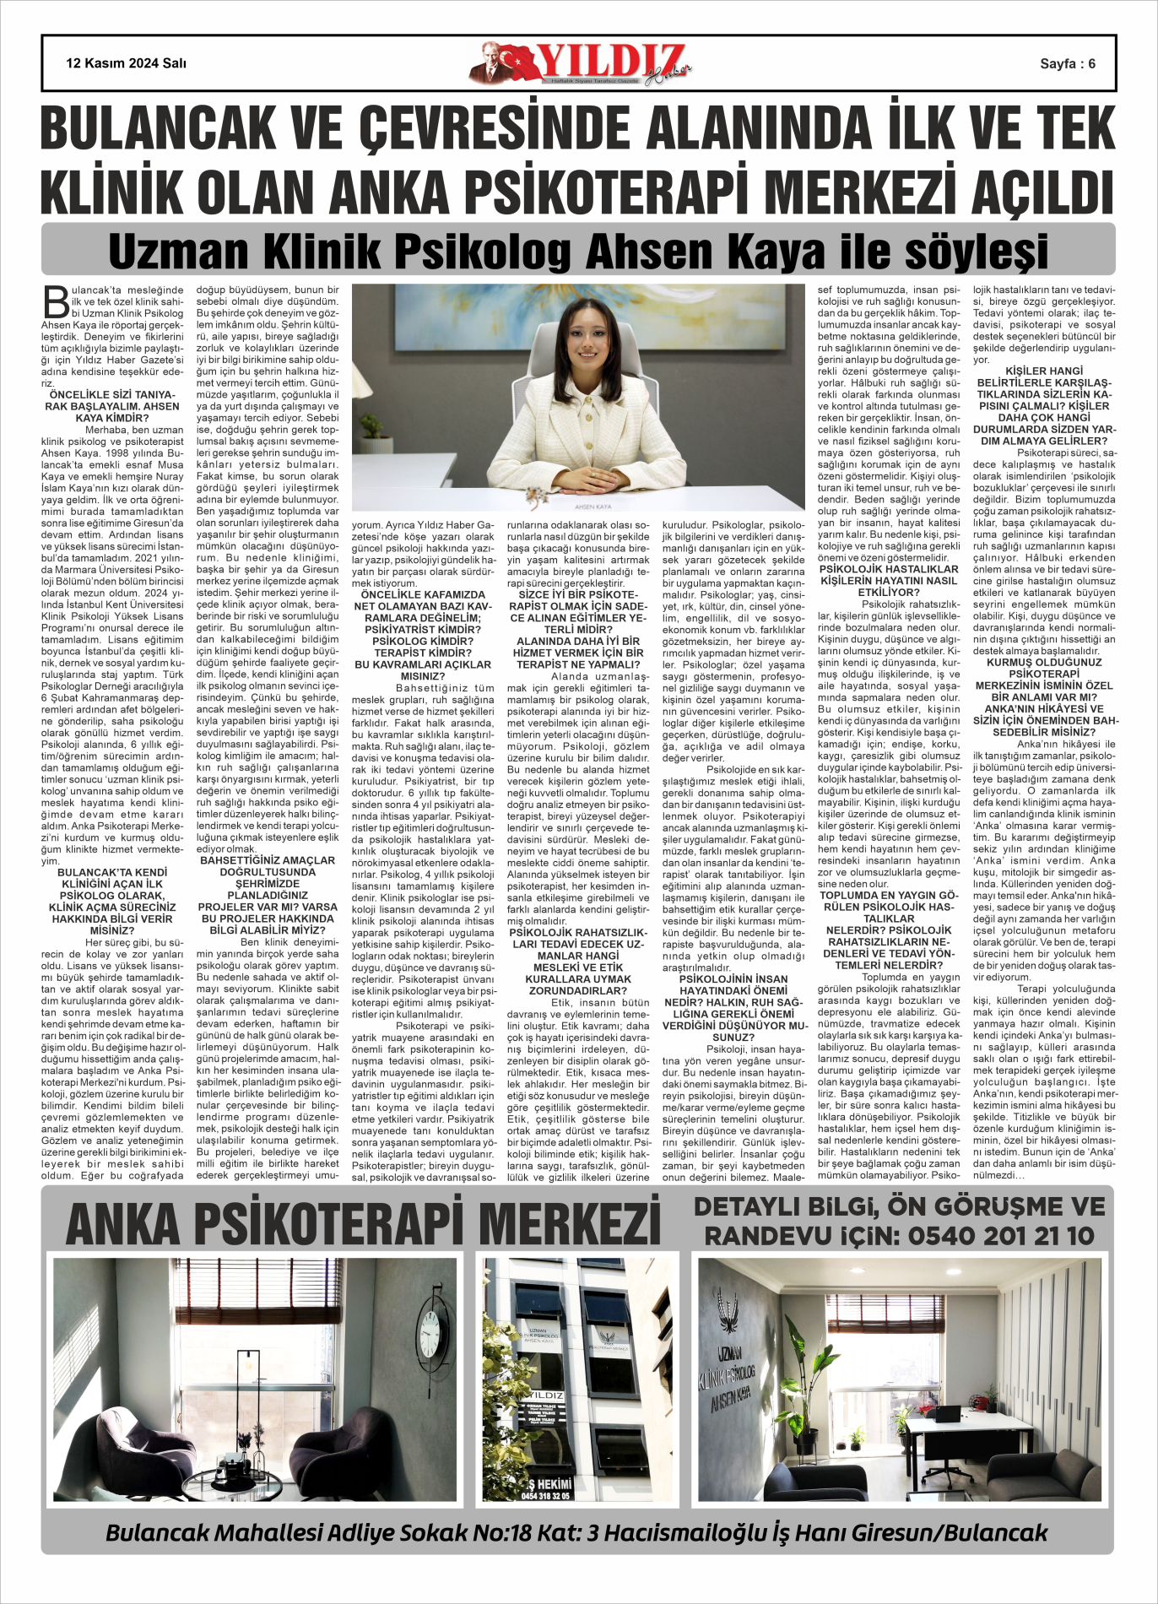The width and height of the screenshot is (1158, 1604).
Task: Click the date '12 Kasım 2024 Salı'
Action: point(126,63)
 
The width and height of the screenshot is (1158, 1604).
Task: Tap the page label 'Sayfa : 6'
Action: point(1068,63)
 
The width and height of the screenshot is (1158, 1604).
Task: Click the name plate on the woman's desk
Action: point(592,506)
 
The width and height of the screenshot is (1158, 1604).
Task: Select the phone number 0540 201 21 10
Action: point(1000,1236)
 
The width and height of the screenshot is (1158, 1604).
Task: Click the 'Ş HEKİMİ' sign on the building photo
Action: point(549,1484)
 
